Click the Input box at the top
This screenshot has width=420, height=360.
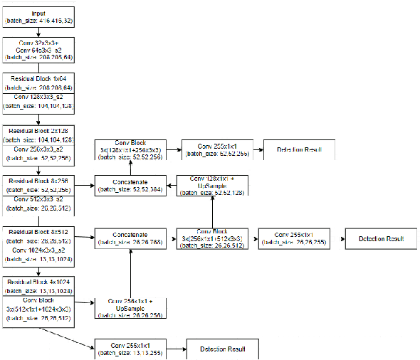point(37,18)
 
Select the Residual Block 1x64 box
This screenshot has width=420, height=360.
point(37,78)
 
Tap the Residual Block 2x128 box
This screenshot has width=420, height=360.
point(37,132)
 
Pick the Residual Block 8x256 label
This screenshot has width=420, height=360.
point(37,181)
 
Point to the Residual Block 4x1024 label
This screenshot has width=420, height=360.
point(37,282)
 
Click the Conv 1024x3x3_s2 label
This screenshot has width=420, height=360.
point(37,251)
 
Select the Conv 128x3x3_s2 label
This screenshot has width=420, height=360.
point(37,97)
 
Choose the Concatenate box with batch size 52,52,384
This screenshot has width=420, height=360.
point(130,186)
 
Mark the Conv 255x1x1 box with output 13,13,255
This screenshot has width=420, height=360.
point(130,349)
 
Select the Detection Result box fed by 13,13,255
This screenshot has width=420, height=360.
point(221,349)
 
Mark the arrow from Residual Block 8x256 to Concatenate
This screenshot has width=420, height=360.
point(84,186)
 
